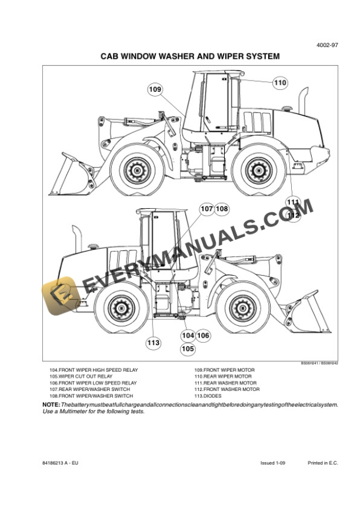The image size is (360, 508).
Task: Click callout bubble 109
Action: click(x=155, y=89)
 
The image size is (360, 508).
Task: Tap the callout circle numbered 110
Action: click(x=280, y=83)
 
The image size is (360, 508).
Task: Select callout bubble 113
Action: click(x=153, y=342)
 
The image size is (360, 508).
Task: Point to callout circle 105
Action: click(x=188, y=349)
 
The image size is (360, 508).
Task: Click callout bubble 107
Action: click(x=206, y=209)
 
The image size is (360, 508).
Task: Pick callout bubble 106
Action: click(x=203, y=335)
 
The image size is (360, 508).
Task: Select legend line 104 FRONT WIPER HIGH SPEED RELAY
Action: click(x=94, y=370)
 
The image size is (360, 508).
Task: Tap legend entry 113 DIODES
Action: click(x=208, y=396)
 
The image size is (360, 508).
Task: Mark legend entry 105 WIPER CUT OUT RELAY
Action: click(x=81, y=376)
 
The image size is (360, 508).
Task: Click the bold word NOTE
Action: click(x=51, y=406)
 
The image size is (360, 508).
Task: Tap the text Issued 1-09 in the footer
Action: click(x=273, y=463)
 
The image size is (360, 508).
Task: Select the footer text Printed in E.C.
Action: click(x=323, y=463)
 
